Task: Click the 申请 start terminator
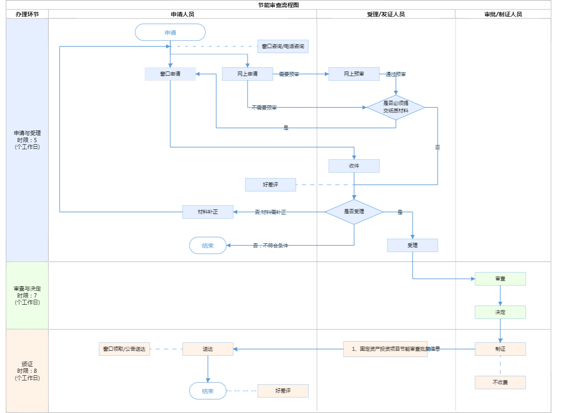click(x=170, y=32)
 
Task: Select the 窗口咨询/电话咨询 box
click(x=283, y=46)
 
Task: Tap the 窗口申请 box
click(x=170, y=74)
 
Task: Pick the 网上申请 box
click(x=247, y=74)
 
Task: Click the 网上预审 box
click(x=354, y=74)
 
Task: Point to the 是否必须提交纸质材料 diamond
click(x=396, y=107)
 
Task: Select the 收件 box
click(x=354, y=166)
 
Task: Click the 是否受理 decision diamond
click(x=354, y=212)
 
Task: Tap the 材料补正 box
click(x=208, y=212)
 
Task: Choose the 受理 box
click(x=412, y=245)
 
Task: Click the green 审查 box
click(x=500, y=279)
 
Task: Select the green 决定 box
click(x=500, y=312)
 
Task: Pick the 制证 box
click(x=500, y=349)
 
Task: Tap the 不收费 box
click(x=500, y=382)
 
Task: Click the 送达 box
click(x=208, y=349)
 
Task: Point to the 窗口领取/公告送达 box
click(x=124, y=349)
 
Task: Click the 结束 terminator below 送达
click(x=208, y=391)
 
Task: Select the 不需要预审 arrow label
click(x=264, y=107)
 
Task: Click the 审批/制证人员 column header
click(x=503, y=14)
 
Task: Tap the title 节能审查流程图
click(x=278, y=5)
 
